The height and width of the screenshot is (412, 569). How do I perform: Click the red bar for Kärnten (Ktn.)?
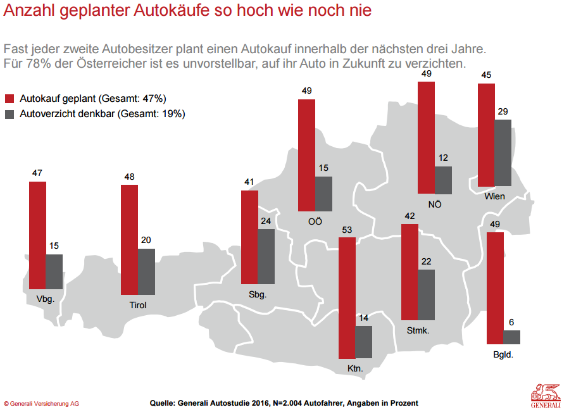(347, 298)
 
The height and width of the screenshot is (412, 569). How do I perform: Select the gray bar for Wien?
(503, 153)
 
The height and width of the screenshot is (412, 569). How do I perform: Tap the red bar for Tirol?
(129, 239)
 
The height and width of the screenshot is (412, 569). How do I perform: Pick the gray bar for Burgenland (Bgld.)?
(511, 337)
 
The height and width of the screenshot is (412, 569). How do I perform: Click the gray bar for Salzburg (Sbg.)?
(266, 256)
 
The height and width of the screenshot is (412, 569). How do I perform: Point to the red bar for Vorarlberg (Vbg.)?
(37, 235)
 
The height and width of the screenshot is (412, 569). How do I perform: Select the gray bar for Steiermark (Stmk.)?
(426, 294)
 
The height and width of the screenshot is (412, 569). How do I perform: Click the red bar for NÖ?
(427, 137)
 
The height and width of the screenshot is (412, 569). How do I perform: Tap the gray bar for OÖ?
(323, 194)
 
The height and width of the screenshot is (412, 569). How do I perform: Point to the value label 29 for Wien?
(503, 111)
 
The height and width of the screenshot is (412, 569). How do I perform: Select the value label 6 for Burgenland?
(511, 322)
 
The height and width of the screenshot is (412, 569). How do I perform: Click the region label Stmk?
(418, 330)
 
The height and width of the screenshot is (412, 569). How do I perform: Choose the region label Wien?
(494, 196)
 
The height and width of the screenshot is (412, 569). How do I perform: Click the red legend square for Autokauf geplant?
(9, 99)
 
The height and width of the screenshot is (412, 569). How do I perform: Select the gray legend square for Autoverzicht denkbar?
(9, 115)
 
